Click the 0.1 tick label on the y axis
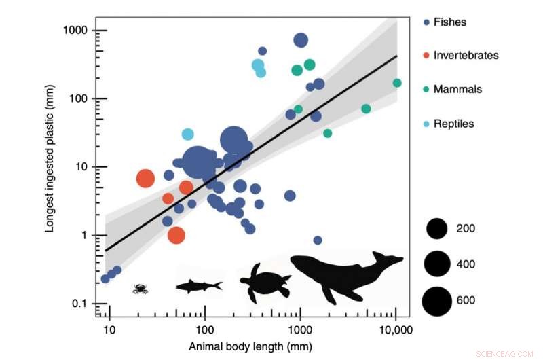[81, 304]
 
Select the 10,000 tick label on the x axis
[396, 331]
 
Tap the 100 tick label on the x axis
[204, 331]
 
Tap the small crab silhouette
[141, 289]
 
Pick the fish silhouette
[198, 286]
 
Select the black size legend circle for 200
[437, 228]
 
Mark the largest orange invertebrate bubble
[146, 179]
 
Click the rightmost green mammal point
[397, 83]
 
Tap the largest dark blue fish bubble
[198, 163]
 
